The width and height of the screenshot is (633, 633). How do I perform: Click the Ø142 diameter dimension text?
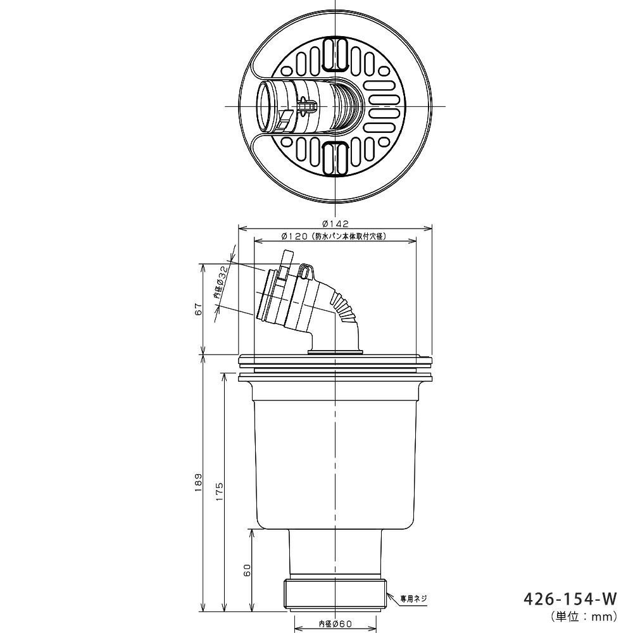[335, 223]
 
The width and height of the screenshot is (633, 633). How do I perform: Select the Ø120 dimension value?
[294, 236]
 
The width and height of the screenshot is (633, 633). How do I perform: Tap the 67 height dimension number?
[198, 310]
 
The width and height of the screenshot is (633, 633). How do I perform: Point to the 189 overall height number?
[198, 482]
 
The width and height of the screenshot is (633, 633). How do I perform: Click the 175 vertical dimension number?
[219, 491]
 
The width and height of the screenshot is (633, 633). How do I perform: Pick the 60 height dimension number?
[248, 570]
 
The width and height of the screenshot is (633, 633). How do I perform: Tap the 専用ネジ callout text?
[413, 598]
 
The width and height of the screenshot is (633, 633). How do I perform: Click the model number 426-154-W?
[570, 599]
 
